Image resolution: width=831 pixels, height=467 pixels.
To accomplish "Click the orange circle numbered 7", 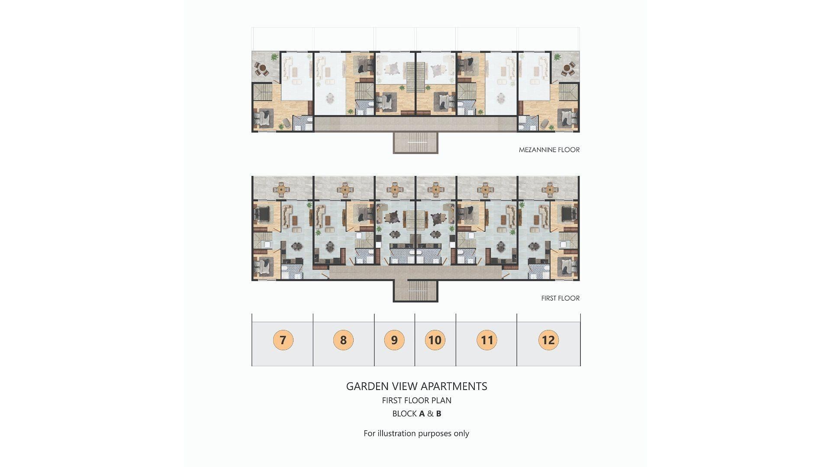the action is click(x=283, y=340).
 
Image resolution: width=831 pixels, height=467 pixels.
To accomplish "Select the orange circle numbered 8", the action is click(x=343, y=340).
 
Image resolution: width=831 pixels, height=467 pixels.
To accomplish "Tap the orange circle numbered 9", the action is click(x=394, y=340).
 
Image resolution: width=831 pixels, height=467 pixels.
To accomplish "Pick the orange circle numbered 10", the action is click(x=435, y=340).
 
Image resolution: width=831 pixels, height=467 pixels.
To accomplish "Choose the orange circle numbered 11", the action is click(x=487, y=340).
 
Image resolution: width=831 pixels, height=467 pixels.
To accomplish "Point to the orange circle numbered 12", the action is click(x=548, y=340).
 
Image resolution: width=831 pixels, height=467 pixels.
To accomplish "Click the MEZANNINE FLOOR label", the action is click(x=549, y=150).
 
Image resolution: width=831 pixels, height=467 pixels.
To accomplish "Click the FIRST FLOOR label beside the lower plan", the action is click(x=560, y=298).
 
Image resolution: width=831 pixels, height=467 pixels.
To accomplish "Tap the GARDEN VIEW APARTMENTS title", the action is click(x=416, y=386).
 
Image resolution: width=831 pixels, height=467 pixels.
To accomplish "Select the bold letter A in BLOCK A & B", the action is click(x=422, y=413).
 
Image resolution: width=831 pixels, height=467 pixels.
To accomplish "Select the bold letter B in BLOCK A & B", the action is click(x=438, y=413).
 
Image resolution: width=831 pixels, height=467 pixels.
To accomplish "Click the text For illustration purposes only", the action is click(x=416, y=433).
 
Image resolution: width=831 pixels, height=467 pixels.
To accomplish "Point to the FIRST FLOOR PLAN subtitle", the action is click(x=416, y=400).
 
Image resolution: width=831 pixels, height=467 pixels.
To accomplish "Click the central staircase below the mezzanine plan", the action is click(x=415, y=143).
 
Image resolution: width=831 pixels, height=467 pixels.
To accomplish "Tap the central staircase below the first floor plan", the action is click(x=415, y=291).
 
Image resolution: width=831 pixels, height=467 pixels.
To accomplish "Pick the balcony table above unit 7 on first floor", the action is click(x=282, y=189).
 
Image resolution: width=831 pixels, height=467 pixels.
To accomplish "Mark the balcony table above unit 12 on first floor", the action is click(x=550, y=189).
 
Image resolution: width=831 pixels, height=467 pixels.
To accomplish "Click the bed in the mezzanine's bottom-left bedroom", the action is click(x=264, y=118).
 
